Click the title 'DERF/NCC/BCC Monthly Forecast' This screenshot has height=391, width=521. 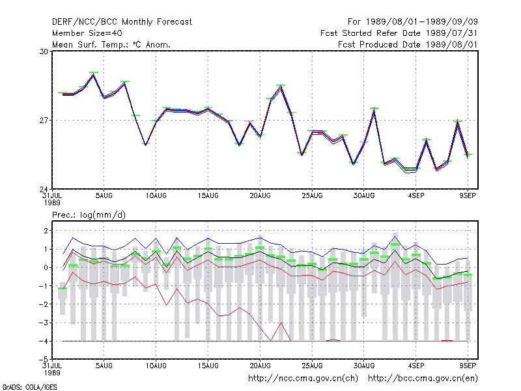coord(122,22)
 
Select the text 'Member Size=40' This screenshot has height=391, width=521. coord(87,33)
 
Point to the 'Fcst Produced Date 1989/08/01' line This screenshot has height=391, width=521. coord(408,44)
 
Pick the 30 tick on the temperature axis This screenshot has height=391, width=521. coord(44,51)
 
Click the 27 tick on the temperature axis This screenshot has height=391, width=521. coord(44,121)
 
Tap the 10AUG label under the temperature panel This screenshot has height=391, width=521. coord(156,196)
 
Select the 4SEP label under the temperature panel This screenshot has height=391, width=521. coord(416,196)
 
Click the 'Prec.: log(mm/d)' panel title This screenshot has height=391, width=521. coord(89,215)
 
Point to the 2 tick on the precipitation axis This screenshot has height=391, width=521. coord(46,231)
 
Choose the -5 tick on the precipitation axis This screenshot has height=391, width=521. coord(44,360)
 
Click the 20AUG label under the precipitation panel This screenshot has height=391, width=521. coord(260,366)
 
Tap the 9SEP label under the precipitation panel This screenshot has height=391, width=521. coord(468,366)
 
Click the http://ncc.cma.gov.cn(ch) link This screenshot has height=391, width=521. coord(303,379)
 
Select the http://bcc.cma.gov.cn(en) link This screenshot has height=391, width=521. coord(423,379)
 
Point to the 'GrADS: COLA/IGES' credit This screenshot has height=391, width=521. coord(29,387)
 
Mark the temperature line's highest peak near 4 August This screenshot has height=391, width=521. coord(93,74)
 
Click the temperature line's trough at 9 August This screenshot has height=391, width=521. coord(145,145)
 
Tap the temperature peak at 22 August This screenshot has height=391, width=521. coord(281,87)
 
